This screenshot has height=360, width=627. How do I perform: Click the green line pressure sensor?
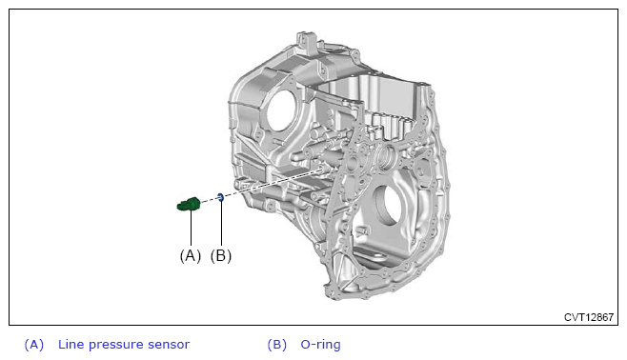pyautogui.click(x=189, y=204)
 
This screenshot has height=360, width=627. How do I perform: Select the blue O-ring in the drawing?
pyautogui.click(x=220, y=196)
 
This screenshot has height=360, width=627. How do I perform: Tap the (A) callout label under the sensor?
pyautogui.click(x=191, y=256)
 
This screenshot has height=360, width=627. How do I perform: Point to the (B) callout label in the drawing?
pyautogui.click(x=221, y=256)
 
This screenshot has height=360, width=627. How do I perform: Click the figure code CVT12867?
pyautogui.click(x=589, y=317)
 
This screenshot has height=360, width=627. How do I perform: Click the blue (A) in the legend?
pyautogui.click(x=34, y=345)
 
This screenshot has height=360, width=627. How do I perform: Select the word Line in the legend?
pyautogui.click(x=71, y=344)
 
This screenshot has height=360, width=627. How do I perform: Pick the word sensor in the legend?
pyautogui.click(x=169, y=345)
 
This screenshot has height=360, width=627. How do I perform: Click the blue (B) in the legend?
pyautogui.click(x=277, y=345)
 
